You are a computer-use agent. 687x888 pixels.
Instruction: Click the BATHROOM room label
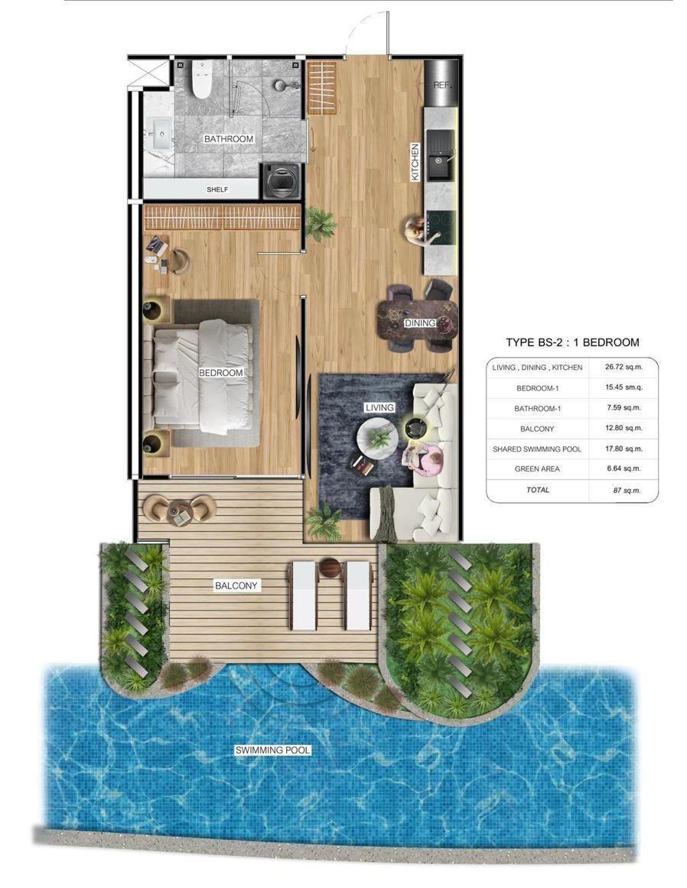pyautogui.click(x=229, y=139)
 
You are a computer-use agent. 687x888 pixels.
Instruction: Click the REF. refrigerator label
pyautogui.click(x=441, y=85)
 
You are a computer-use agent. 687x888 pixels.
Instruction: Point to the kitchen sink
pyautogui.click(x=440, y=155)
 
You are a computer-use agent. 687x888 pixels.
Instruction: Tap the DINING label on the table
pyautogui.click(x=420, y=322)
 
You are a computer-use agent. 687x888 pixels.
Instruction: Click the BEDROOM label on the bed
pyautogui.click(x=220, y=373)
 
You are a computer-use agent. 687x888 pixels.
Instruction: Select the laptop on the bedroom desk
pyautogui.click(x=156, y=246)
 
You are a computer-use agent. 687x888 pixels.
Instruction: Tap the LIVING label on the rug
pyautogui.click(x=379, y=407)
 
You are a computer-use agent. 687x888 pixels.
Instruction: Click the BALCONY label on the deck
pyautogui.click(x=236, y=585)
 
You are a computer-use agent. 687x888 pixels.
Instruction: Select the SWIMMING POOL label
pyautogui.click(x=272, y=750)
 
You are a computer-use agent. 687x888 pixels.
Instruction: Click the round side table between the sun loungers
pyautogui.click(x=330, y=568)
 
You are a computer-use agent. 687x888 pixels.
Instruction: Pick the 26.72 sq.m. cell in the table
pyautogui.click(x=624, y=367)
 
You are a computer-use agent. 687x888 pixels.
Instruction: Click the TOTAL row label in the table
pyautogui.click(x=537, y=490)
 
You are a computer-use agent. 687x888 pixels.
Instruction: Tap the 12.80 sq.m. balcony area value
pyautogui.click(x=624, y=428)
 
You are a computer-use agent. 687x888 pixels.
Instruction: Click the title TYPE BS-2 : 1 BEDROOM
pyautogui.click(x=572, y=342)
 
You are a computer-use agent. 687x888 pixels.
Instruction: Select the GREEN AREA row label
pyautogui.click(x=537, y=469)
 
